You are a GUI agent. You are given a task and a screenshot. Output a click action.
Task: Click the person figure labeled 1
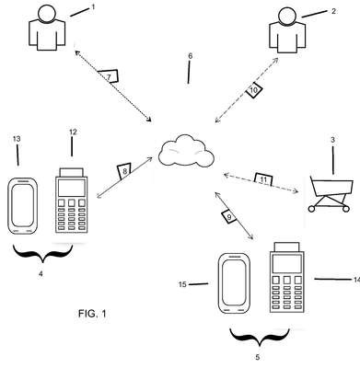tap(47, 29)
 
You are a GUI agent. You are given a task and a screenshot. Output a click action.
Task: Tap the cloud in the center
tap(186, 151)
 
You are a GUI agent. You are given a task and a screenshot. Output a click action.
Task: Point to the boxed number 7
tap(109, 76)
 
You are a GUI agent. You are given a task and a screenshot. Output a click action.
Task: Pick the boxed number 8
tap(124, 171)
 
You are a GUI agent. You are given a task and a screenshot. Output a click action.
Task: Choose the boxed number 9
tap(228, 216)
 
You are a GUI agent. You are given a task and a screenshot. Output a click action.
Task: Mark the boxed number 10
tap(254, 90)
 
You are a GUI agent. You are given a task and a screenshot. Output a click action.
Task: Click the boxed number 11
tap(263, 179)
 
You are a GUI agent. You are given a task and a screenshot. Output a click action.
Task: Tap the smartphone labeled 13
tap(22, 206)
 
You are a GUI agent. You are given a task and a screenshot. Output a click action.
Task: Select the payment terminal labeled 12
tap(72, 201)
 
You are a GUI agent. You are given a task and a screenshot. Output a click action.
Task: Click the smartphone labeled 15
tap(234, 283)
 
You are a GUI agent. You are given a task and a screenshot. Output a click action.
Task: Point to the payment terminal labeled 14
tap(287, 278)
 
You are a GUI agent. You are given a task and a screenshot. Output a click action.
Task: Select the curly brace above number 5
tap(260, 339)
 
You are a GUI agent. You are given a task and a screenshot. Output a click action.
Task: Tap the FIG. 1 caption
tap(92, 314)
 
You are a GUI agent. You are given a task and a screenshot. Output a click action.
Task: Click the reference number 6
tap(191, 56)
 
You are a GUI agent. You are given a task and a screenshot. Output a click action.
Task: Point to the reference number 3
tap(332, 140)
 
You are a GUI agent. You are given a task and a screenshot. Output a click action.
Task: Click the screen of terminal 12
tap(72, 188)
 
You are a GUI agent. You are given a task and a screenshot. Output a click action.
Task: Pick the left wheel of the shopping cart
tap(311, 209)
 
